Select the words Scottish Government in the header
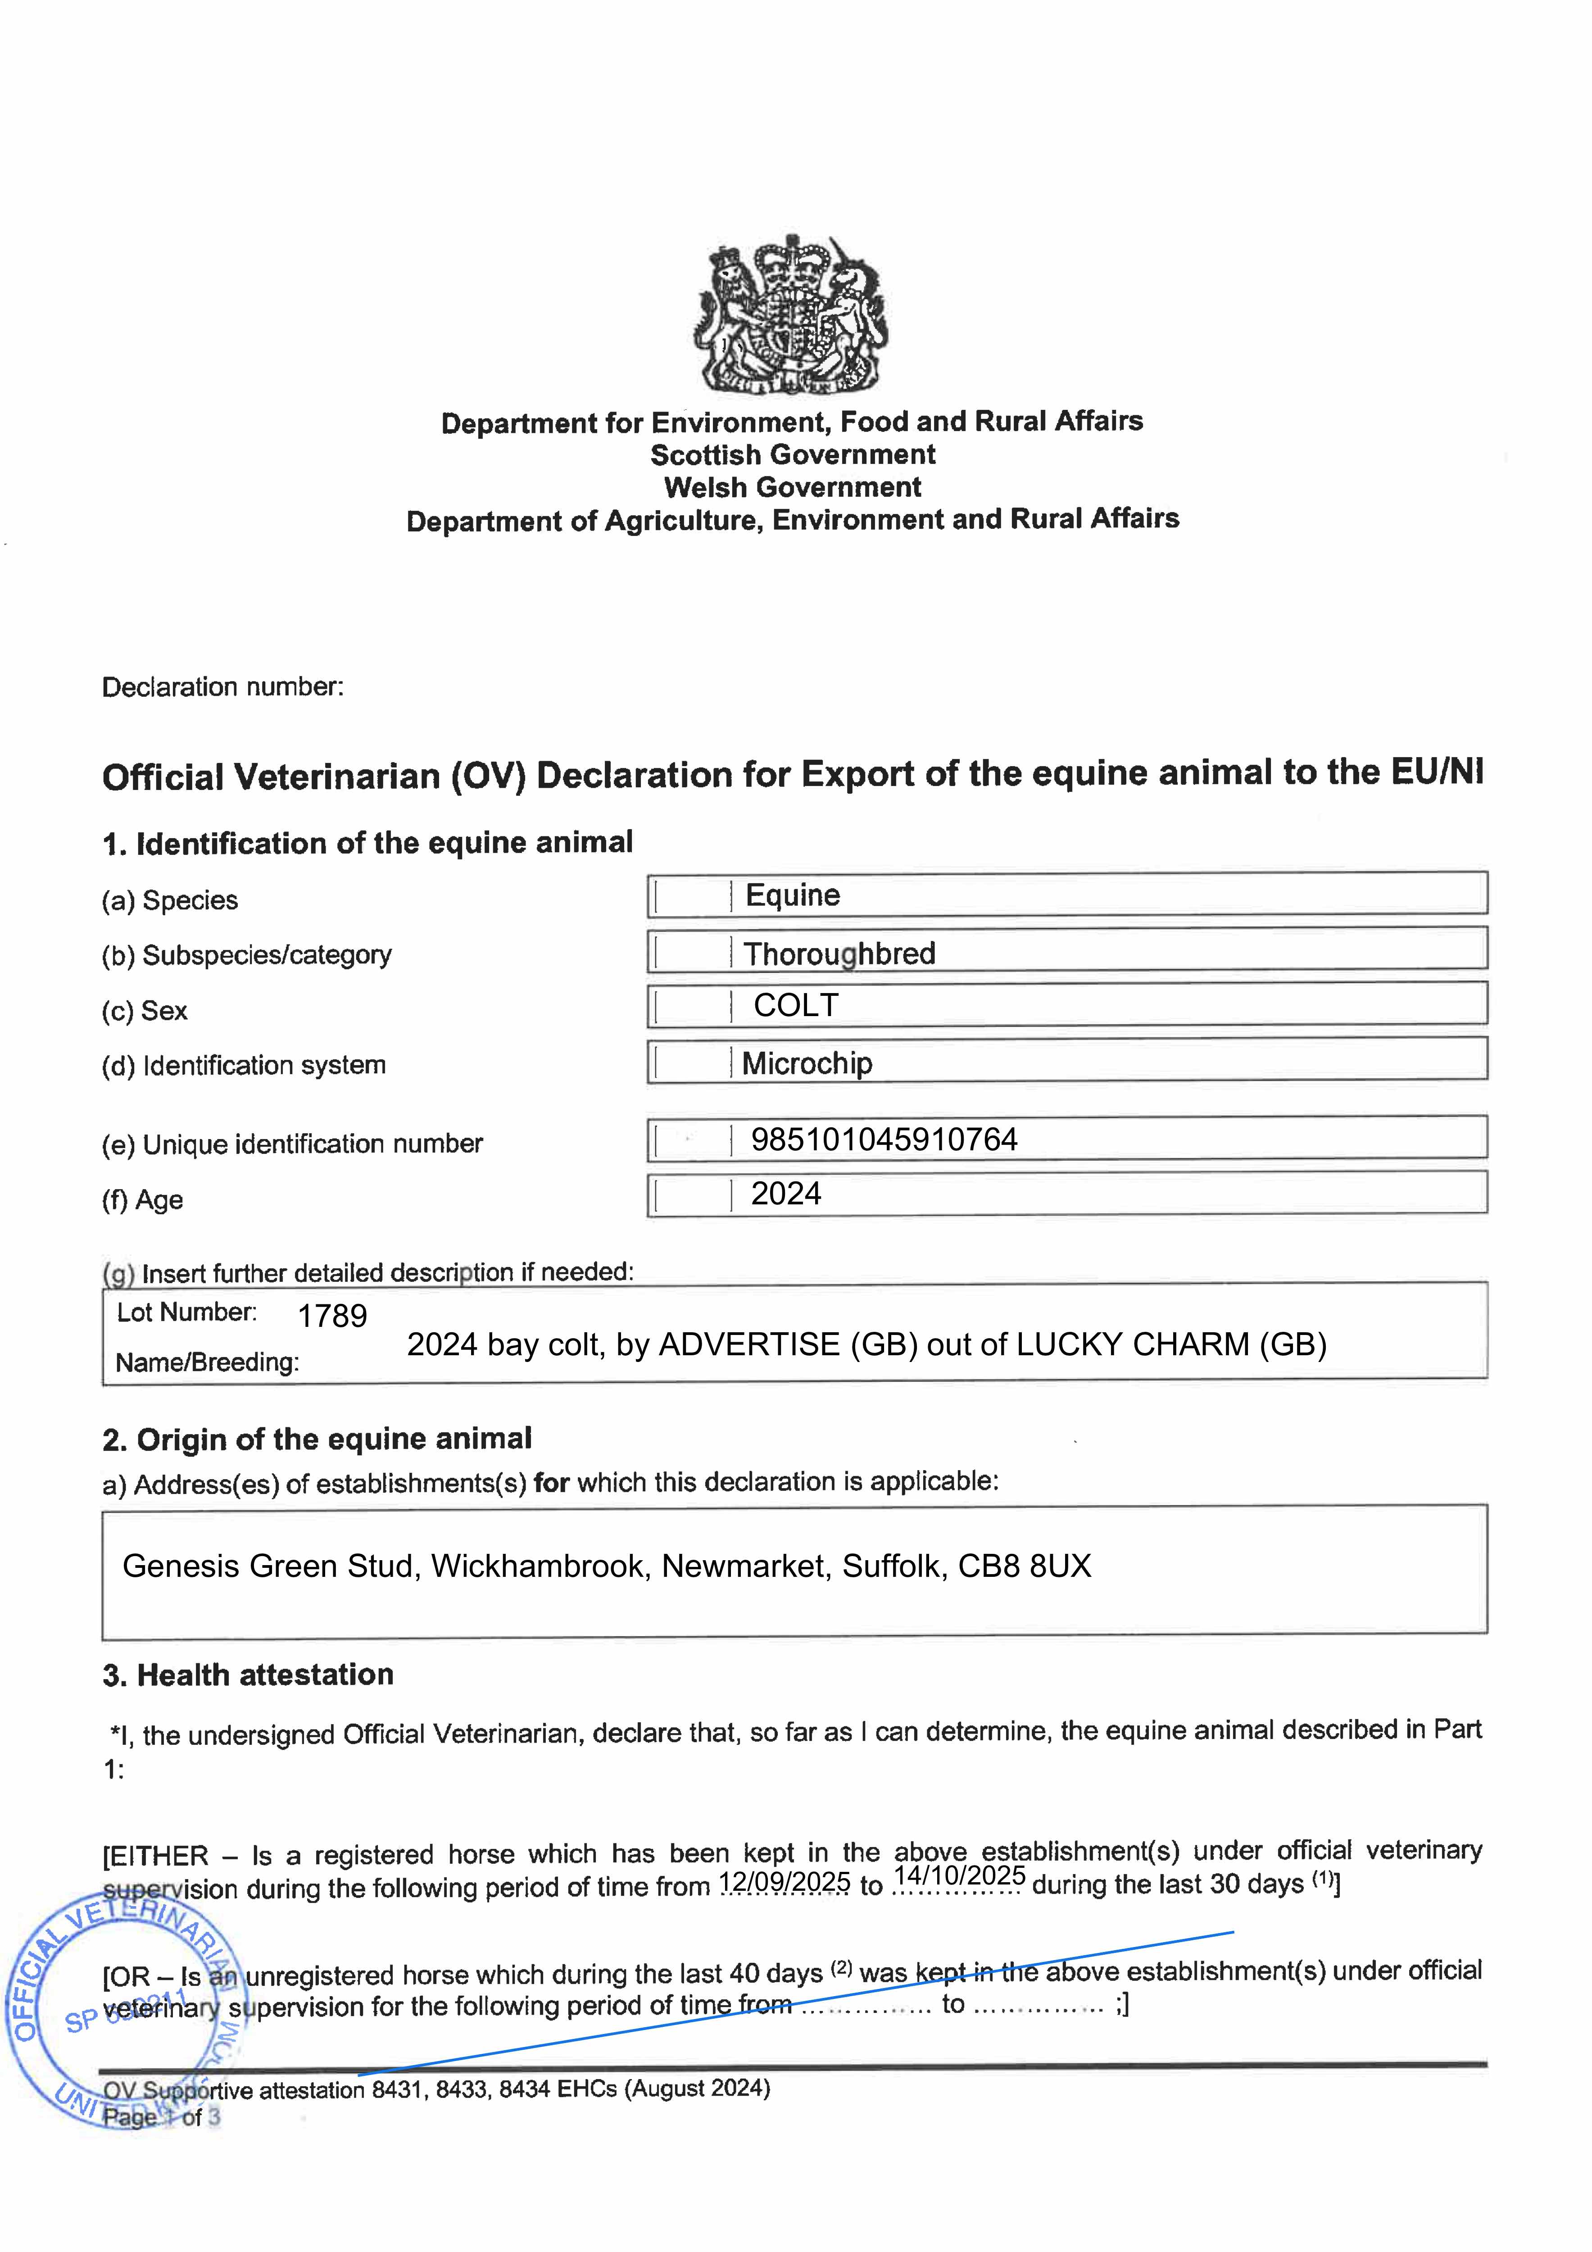coord(793,455)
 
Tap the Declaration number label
coord(222,686)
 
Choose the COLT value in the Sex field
coord(795,1005)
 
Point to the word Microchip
coord(806,1063)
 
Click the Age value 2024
coord(786,1194)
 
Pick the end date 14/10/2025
coord(959,1876)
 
